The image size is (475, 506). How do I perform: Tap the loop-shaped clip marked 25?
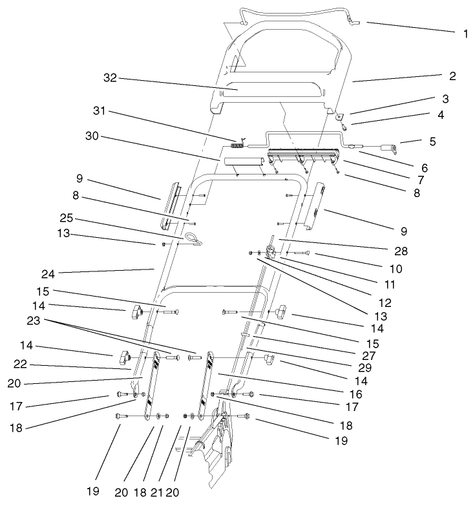point(194,240)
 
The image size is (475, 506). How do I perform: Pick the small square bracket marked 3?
point(339,116)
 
